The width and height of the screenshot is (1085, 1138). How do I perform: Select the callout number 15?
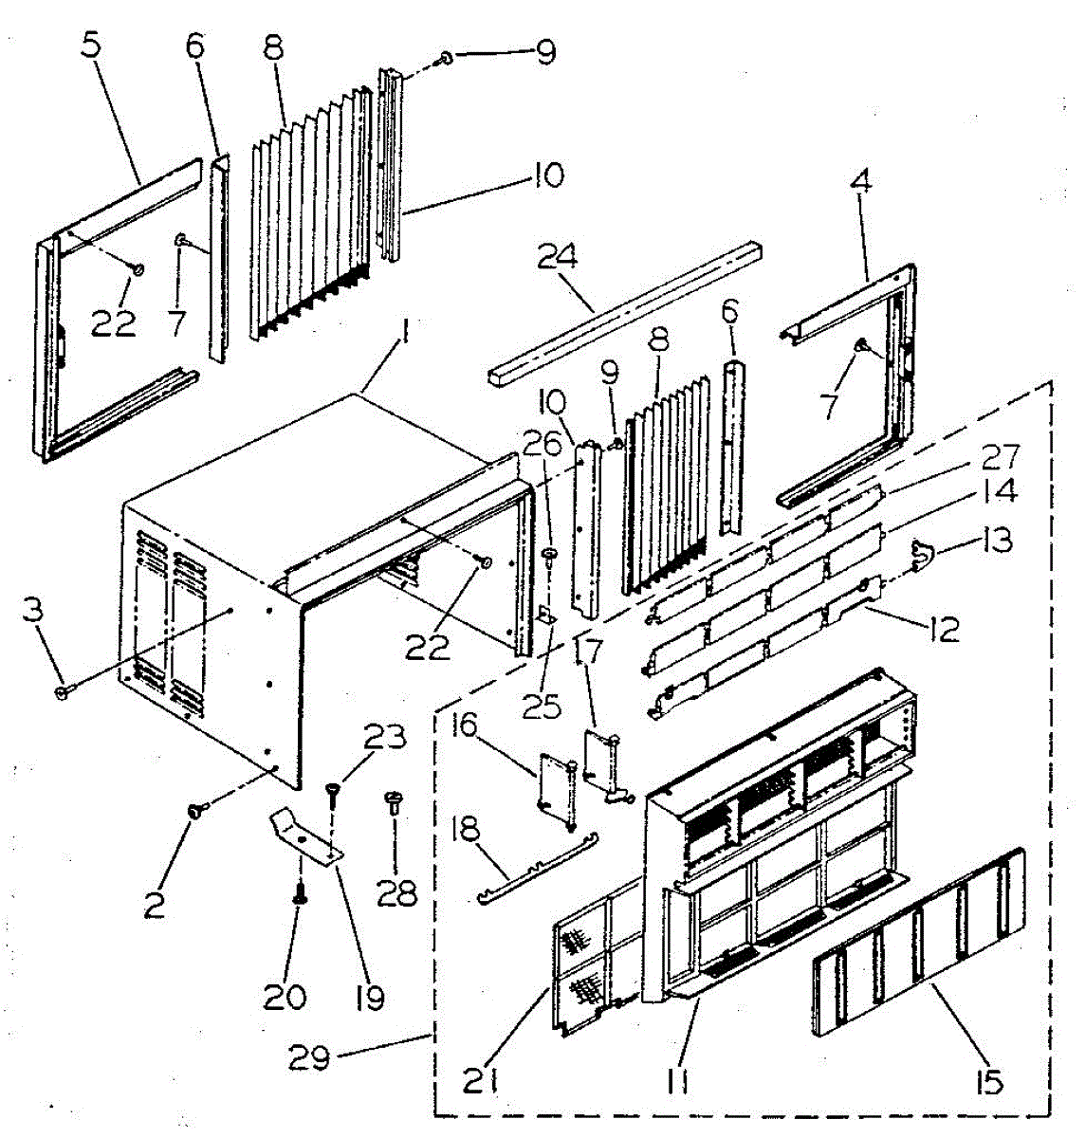click(x=989, y=1080)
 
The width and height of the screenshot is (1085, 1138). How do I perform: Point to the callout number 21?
click(x=481, y=1080)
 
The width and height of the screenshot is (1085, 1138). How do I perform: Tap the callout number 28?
click(x=397, y=892)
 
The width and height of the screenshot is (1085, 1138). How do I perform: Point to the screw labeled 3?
click(x=63, y=694)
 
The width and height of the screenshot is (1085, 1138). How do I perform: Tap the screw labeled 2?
click(x=196, y=811)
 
